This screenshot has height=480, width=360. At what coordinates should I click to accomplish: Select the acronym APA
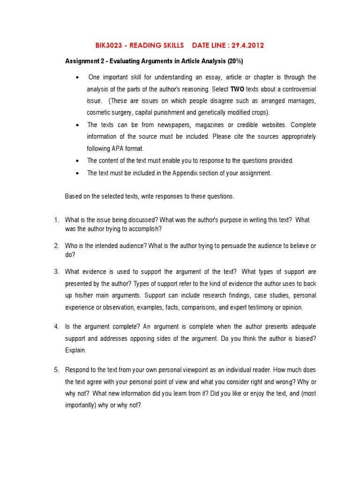coord(114,149)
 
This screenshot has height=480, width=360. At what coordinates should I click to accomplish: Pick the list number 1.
coord(56,220)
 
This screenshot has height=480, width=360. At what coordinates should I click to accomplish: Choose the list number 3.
coord(56,271)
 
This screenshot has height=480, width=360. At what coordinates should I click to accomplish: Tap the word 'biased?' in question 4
coord(305,338)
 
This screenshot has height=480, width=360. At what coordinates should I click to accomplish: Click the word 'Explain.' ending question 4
coord(75,350)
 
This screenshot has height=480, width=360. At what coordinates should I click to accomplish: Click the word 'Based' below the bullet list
coord(73,196)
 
